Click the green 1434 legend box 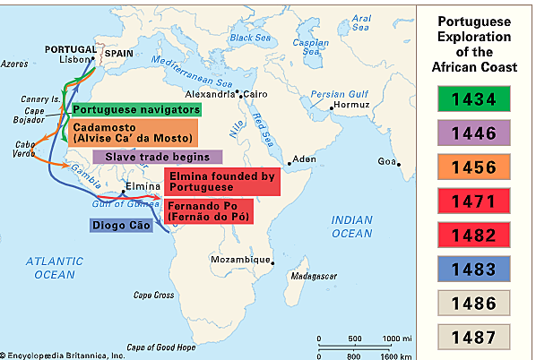click(475, 97)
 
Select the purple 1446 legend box click(475, 135)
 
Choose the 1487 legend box click(475, 336)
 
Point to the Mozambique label click(238, 259)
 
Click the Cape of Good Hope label click(160, 347)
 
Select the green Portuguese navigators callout click(137, 109)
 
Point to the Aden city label click(305, 159)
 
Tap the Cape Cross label click(152, 295)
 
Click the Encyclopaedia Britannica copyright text click(63, 355)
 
